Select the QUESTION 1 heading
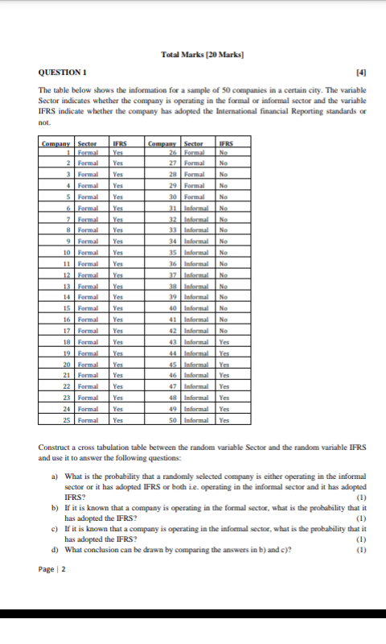63,73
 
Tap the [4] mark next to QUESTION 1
362,73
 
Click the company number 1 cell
70,153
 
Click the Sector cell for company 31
198,208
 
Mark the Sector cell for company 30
197,197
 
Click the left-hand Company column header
57,143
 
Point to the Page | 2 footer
52,569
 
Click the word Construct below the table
57,447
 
